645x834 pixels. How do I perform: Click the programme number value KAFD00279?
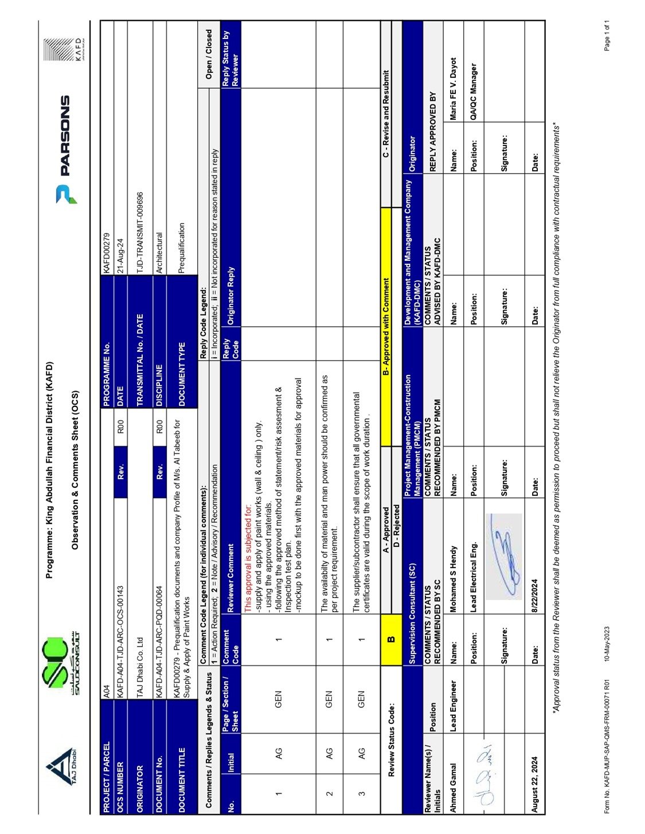click(106, 253)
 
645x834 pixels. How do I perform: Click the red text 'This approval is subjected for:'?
click(248, 556)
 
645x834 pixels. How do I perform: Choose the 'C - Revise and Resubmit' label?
click(386, 113)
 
